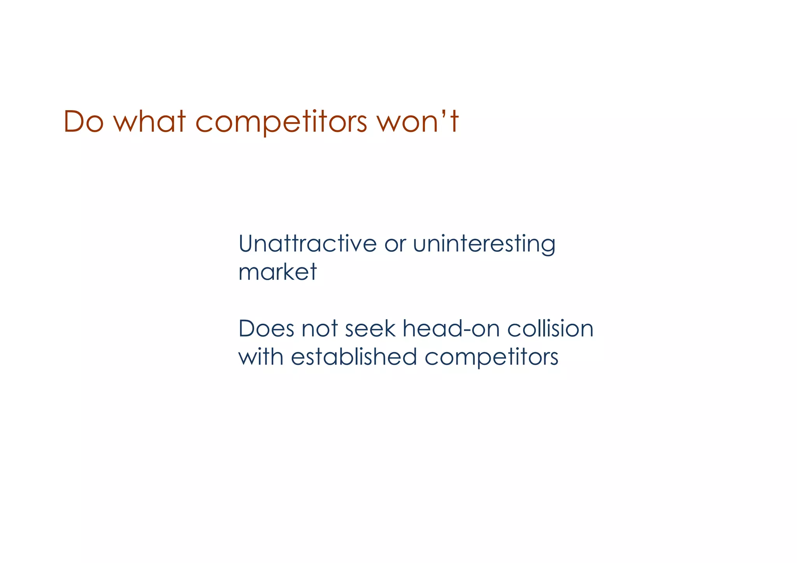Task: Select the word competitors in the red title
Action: click(x=281, y=122)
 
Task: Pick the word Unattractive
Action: click(x=307, y=244)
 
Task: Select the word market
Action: click(x=277, y=272)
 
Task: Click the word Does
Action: click(x=266, y=328)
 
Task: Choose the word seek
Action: click(x=370, y=328)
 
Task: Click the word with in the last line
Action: click(x=261, y=356)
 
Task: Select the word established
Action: click(x=354, y=356)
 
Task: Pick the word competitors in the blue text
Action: click(x=491, y=357)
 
